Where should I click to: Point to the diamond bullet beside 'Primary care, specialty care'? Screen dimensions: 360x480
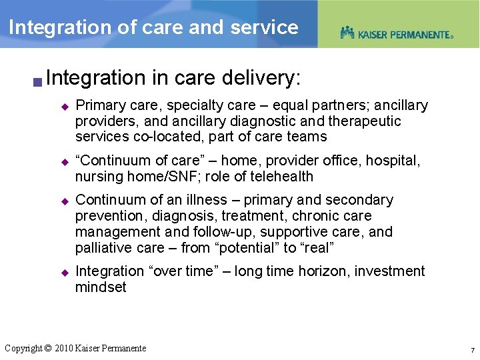coord(65,106)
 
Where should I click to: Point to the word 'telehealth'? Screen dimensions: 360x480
coord(279,177)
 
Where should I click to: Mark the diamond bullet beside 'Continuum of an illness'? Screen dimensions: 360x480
coord(65,201)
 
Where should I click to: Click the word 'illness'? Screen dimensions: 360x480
coord(207,200)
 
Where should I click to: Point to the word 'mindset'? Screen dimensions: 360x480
coord(101,287)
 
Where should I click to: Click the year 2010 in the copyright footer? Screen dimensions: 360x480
coord(64,348)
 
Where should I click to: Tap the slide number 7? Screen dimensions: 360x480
coord(472,350)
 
